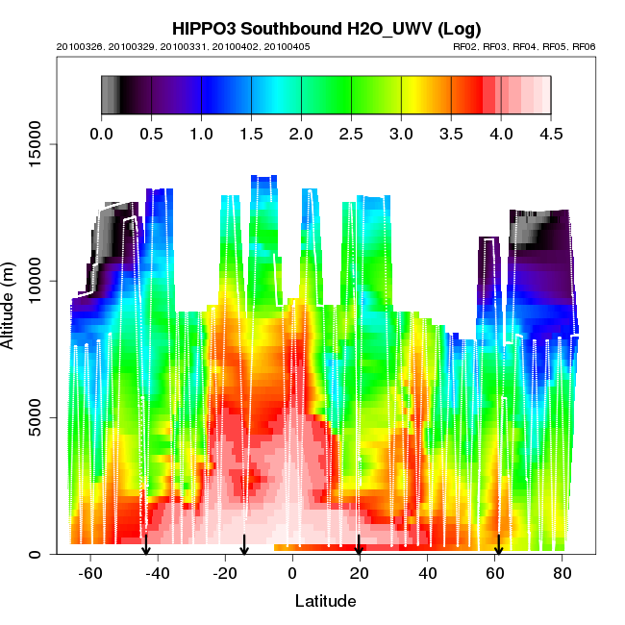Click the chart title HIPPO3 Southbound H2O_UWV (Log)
(326, 28)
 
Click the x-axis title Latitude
(325, 601)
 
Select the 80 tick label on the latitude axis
(562, 574)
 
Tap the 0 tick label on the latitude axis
(292, 574)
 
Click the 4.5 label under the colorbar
(551, 134)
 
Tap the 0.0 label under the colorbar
(101, 134)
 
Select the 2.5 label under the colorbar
(351, 134)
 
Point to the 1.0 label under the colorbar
(201, 134)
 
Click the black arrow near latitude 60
(498, 544)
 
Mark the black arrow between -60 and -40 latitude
(146, 544)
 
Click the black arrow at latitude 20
(359, 544)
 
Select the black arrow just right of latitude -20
(244, 544)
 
